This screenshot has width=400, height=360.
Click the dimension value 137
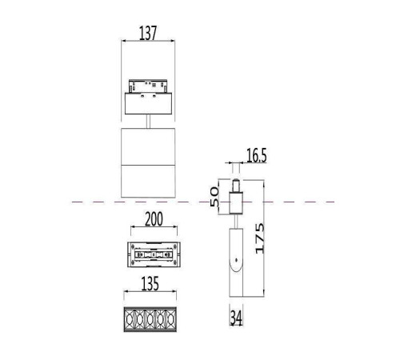click(x=147, y=33)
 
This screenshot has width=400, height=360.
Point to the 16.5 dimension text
click(x=256, y=157)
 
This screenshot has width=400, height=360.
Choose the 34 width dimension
click(x=236, y=319)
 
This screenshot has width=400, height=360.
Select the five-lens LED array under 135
click(x=150, y=318)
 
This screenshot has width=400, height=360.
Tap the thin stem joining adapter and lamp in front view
click(x=150, y=121)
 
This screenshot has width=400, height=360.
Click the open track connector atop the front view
click(x=149, y=86)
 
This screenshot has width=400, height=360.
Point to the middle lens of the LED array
click(x=150, y=318)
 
